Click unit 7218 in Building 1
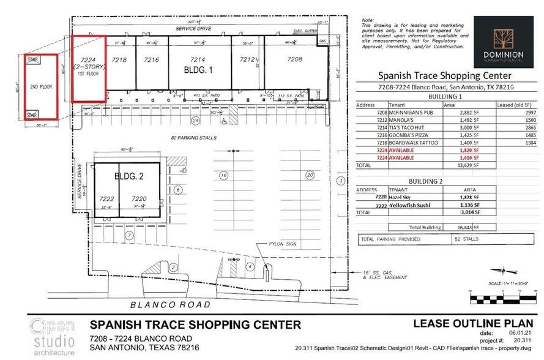coord(120,60)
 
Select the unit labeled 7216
coord(151,60)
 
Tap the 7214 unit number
coord(197,60)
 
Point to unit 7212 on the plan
coord(247,60)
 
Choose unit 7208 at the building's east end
coord(295,60)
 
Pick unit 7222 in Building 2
coord(106,200)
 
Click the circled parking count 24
coord(196,120)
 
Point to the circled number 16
coord(224,176)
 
